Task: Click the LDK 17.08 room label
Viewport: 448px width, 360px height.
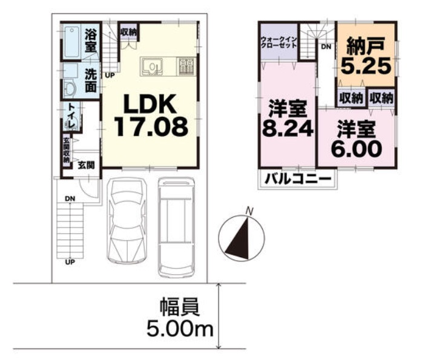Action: (151, 116)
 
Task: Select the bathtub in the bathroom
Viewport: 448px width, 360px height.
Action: (71, 42)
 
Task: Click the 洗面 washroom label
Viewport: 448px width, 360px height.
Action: (91, 81)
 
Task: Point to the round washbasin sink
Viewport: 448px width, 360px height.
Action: (70, 88)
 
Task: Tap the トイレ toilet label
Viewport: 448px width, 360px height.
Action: (71, 116)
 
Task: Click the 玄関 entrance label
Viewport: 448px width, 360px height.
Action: (86, 165)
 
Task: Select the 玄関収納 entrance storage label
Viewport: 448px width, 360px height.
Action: (66, 150)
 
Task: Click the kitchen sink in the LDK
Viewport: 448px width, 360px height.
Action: (152, 67)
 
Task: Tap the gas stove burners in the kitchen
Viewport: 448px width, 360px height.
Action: (186, 67)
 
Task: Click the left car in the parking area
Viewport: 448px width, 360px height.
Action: (127, 221)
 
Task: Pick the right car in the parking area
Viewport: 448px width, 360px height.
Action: (176, 227)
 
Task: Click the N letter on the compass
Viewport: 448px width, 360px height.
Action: (250, 212)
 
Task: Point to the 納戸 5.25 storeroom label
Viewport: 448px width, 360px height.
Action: (366, 56)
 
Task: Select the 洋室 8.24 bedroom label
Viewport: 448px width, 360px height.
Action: (288, 119)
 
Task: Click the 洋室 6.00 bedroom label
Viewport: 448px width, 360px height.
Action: (357, 139)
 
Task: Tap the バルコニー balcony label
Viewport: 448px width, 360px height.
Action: (298, 179)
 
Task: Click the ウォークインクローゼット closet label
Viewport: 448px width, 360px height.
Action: (279, 43)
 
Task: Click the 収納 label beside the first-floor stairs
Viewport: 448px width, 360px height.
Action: (128, 32)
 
